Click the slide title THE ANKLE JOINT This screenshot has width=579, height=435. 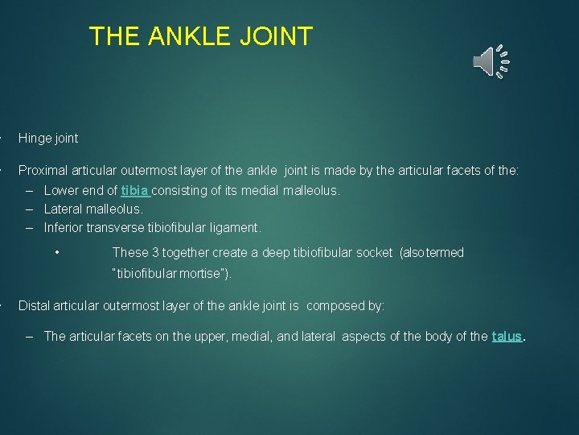pyautogui.click(x=200, y=36)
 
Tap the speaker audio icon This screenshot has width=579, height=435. pyautogui.click(x=486, y=61)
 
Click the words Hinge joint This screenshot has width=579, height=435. pyautogui.click(x=48, y=139)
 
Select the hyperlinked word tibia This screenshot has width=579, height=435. pyautogui.click(x=134, y=191)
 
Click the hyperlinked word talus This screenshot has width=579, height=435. pyautogui.click(x=507, y=337)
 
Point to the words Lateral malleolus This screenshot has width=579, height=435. pyautogui.click(x=93, y=209)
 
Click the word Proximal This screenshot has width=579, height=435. pyautogui.click(x=43, y=171)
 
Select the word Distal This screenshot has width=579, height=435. pyautogui.click(x=34, y=306)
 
